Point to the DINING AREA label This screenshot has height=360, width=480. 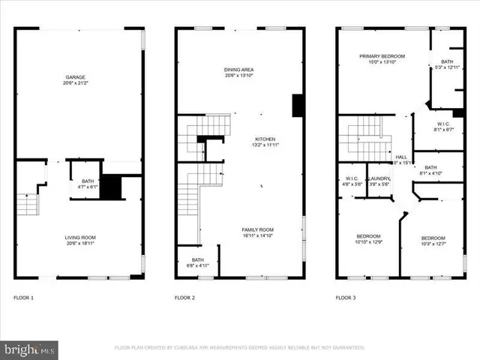(x=239, y=73)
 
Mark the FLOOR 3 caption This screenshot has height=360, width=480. (x=346, y=298)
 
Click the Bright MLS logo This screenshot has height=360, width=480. (x=29, y=349)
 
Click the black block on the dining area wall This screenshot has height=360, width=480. (x=297, y=105)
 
